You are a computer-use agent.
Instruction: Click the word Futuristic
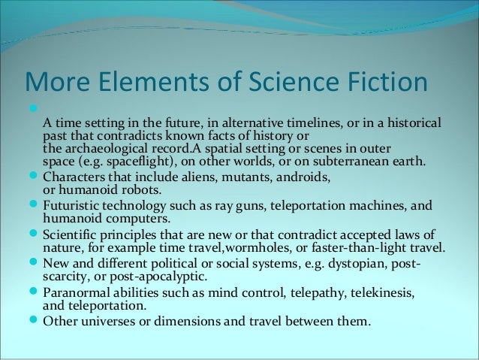[x=74, y=204]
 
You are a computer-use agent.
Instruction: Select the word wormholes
[x=261, y=247]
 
